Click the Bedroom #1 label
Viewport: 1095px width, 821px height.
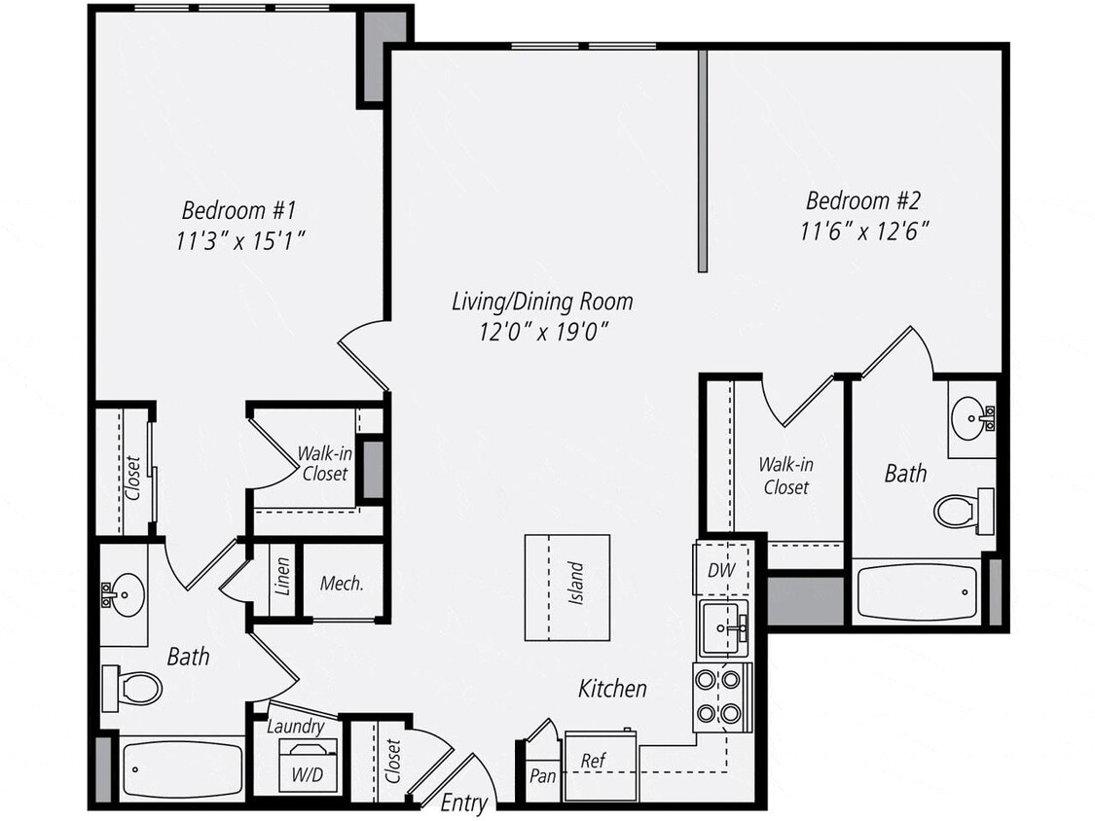[x=237, y=209]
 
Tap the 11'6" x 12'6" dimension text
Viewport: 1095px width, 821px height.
[x=864, y=232]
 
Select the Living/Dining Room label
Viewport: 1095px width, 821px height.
[x=542, y=301]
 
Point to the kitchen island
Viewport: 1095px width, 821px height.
[x=567, y=587]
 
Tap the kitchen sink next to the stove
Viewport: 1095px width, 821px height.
[x=722, y=628]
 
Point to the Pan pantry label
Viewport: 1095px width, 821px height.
[x=541, y=775]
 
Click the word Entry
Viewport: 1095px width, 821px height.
[x=463, y=803]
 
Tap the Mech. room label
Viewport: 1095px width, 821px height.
[x=342, y=584]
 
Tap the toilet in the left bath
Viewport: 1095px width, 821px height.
[x=133, y=687]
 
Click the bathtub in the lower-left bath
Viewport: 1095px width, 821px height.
[x=181, y=768]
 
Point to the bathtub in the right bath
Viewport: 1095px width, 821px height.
[x=917, y=592]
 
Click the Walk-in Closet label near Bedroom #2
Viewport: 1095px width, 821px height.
[x=785, y=476]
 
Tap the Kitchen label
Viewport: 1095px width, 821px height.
[x=612, y=689]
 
